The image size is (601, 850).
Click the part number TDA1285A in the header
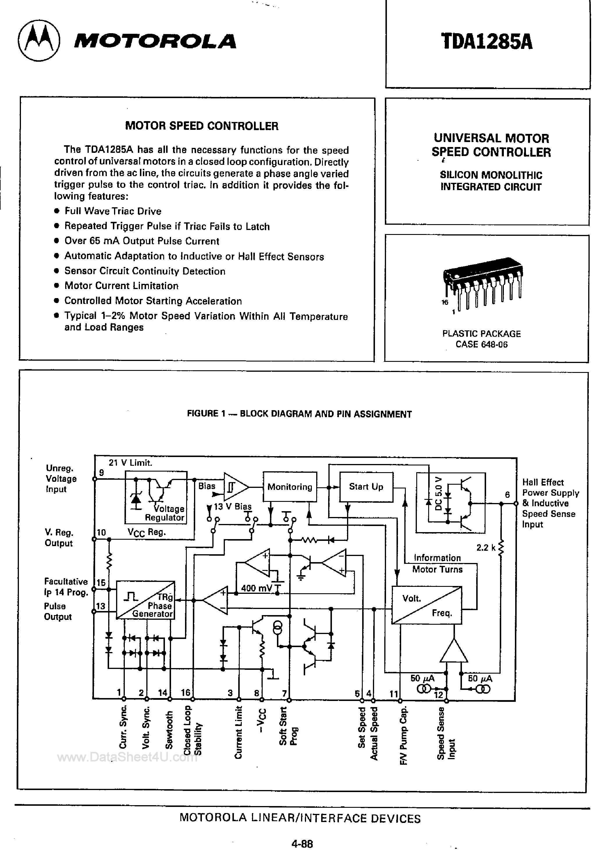487,42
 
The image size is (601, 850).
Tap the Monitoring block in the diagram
290,486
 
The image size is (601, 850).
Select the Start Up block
366,486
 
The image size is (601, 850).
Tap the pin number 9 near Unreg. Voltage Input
102,472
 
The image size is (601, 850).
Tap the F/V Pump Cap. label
404,735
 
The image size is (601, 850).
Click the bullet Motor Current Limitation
121,286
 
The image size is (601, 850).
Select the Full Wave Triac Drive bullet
113,211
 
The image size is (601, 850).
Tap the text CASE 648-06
481,344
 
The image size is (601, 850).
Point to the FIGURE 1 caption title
299,414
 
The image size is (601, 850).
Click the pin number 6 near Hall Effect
507,495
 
